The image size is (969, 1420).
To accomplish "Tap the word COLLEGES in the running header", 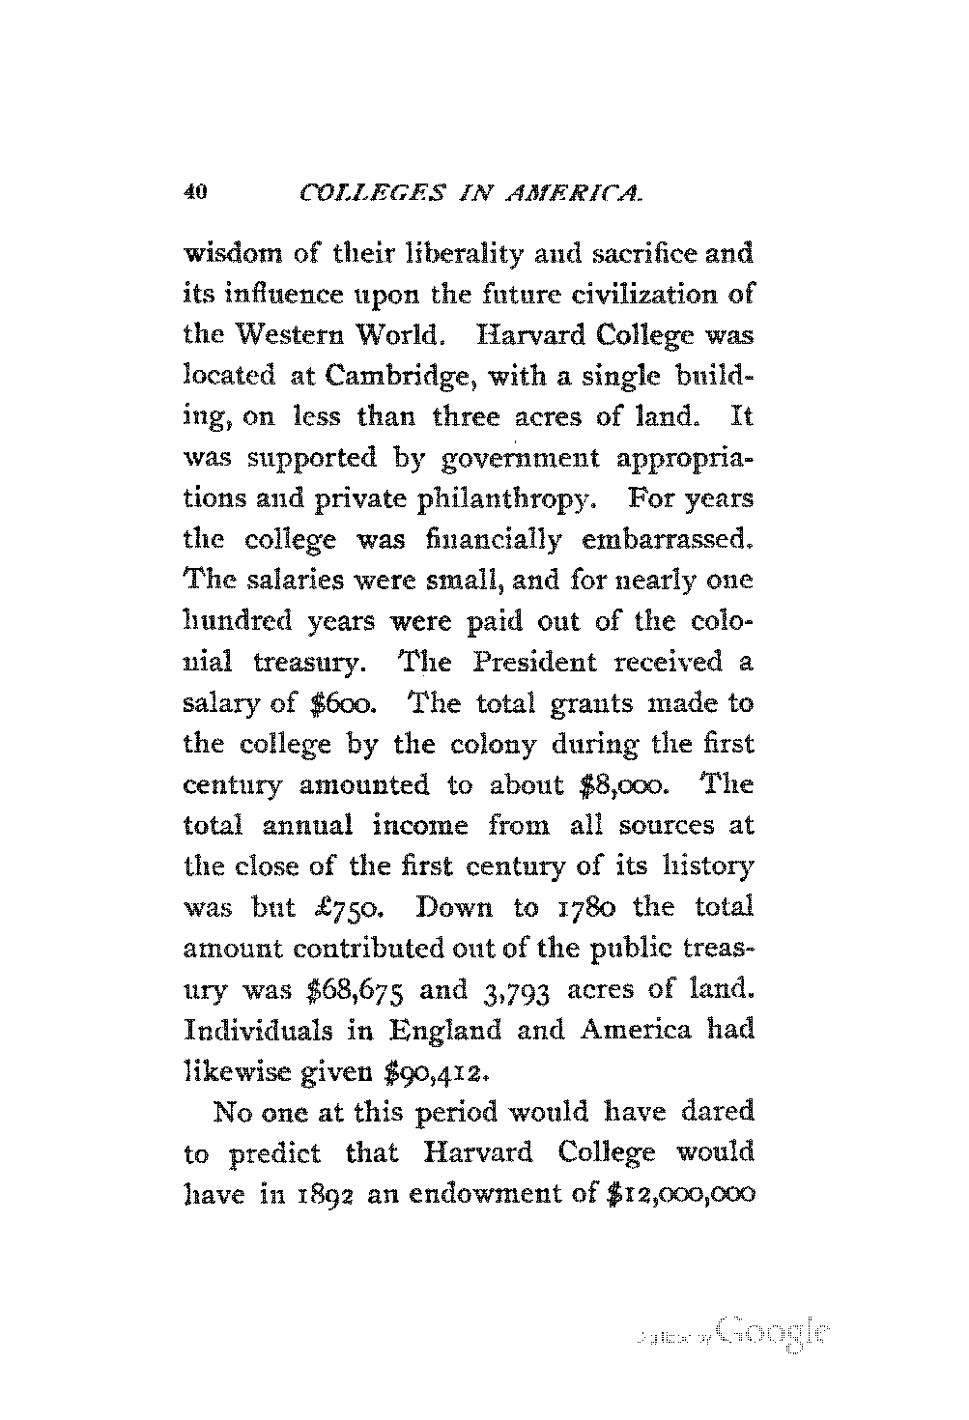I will pos(357,193).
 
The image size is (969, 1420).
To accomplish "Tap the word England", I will pos(445,1031).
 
